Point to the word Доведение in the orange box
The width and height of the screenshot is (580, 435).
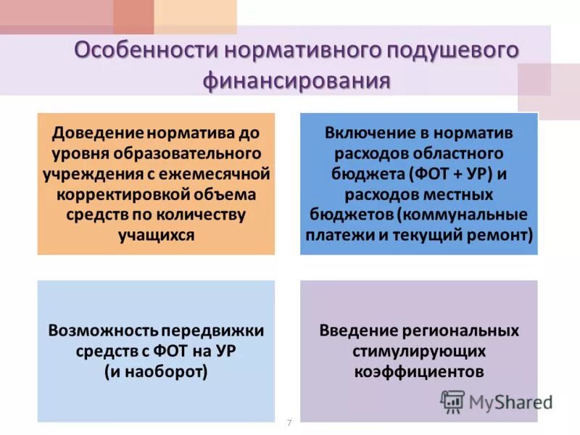pos(98,134)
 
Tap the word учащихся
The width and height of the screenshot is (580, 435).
pos(156,235)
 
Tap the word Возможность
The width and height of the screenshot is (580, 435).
pos(102,331)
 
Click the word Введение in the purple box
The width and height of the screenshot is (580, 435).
pos(359,331)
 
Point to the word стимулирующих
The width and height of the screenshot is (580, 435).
pos(419,351)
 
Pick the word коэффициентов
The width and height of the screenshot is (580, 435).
pos(419,371)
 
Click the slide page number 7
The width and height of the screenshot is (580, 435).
pos(289,423)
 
